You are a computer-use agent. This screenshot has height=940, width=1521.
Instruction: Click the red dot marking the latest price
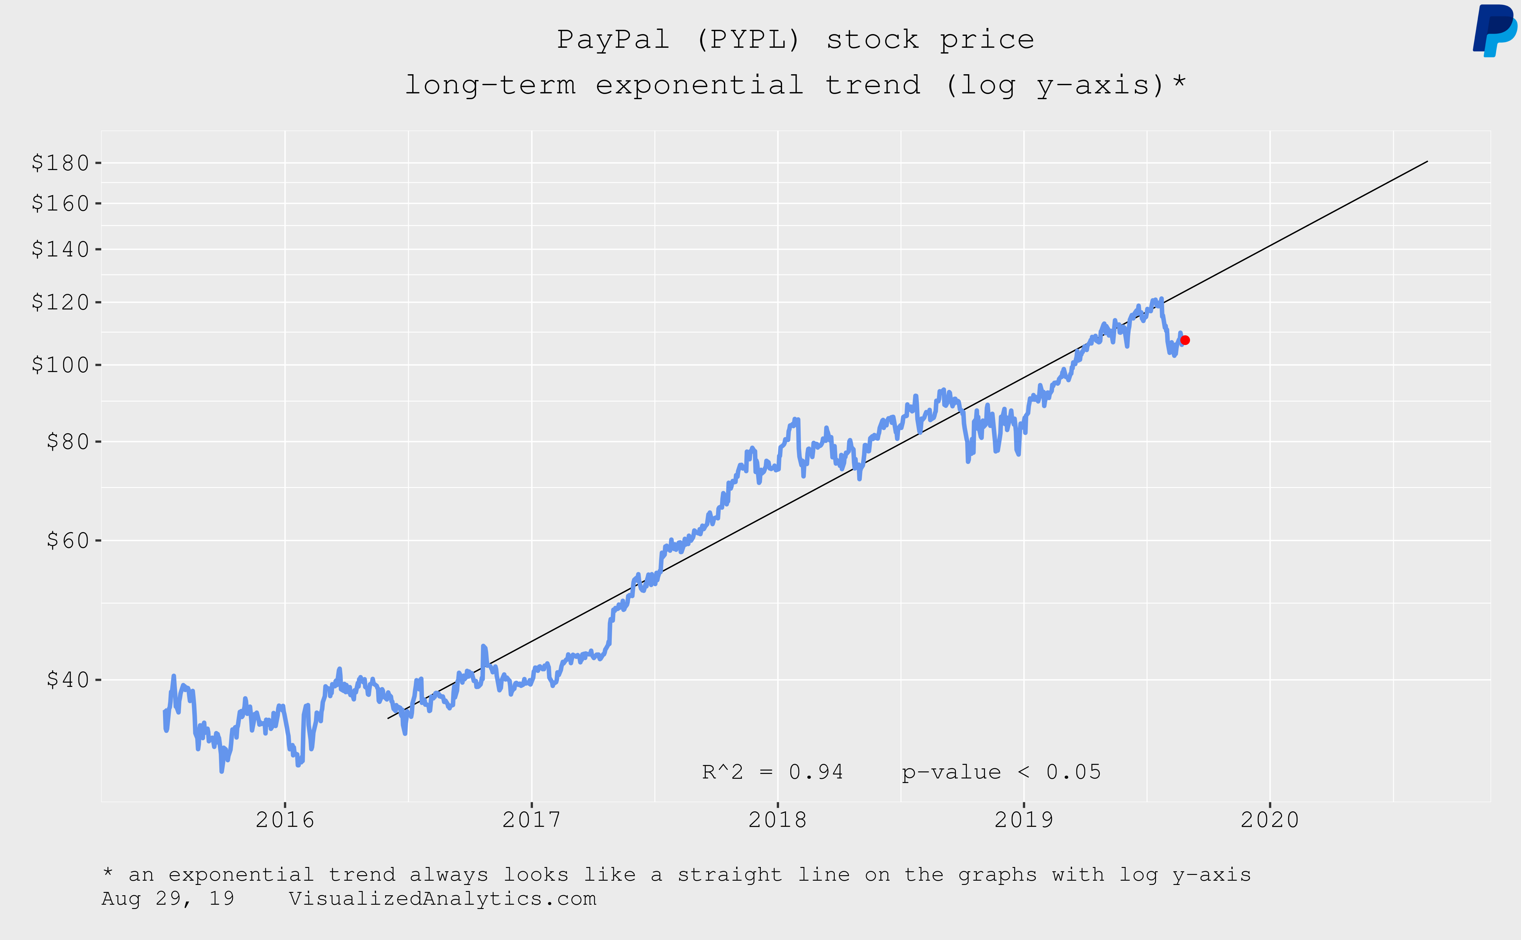(1185, 340)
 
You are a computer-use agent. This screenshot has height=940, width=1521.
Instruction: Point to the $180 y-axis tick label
(60, 163)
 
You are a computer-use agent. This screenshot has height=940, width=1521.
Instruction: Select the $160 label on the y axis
(60, 203)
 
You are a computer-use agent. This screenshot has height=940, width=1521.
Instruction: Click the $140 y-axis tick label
(60, 249)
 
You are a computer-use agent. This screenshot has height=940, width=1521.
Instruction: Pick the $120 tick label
(60, 302)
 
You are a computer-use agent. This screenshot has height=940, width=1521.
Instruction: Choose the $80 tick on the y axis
(68, 441)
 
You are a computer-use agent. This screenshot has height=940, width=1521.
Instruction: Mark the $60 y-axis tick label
(68, 540)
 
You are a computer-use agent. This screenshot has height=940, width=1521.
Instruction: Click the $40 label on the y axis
(68, 680)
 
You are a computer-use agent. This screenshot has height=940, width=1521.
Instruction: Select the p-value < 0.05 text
(1001, 772)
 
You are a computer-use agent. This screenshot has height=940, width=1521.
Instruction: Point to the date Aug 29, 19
(168, 899)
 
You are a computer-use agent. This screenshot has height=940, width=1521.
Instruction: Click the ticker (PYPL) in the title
(748, 40)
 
